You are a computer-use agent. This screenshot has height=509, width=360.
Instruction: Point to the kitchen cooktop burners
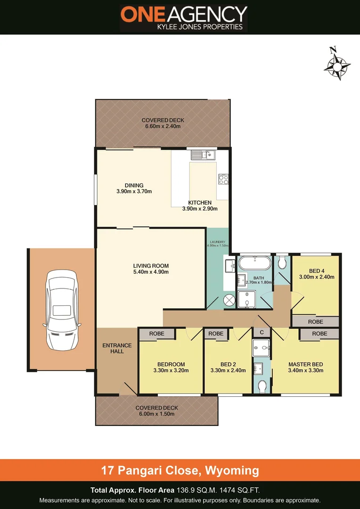pos(223,180)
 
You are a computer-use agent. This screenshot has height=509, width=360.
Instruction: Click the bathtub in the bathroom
pos(254,263)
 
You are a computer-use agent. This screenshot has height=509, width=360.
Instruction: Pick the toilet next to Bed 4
pos(282,263)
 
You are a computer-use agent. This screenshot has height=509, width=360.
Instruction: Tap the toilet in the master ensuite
pos(263,386)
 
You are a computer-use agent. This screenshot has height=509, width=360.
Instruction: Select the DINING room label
pos(134,185)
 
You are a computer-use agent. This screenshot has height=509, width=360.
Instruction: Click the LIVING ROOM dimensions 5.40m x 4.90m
pos(151,272)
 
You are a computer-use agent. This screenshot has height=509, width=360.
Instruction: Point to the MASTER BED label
pos(305,364)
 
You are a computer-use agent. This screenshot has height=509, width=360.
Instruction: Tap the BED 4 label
pos(317,271)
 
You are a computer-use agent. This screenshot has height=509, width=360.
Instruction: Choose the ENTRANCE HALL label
pos(117,348)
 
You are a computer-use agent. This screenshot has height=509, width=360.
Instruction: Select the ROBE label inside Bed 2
pos(216,334)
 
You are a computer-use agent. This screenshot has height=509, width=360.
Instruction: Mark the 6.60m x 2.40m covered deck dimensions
pos(163,126)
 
